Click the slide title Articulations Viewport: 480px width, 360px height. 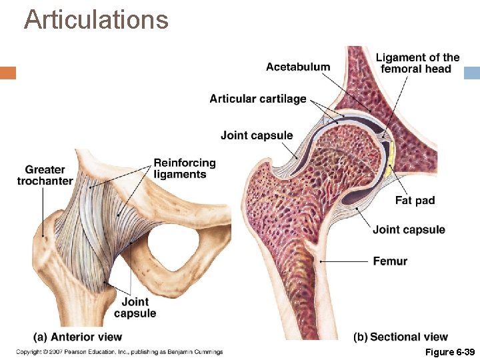tap(96, 19)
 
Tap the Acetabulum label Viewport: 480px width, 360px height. tap(297, 66)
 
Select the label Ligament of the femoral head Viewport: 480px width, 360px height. tap(417, 63)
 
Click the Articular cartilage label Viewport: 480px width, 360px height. tap(257, 99)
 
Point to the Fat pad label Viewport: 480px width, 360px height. tap(414, 200)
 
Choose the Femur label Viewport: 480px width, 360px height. tap(390, 261)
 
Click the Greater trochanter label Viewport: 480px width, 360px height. tap(45, 175)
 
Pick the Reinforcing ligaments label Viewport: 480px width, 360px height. tap(185, 169)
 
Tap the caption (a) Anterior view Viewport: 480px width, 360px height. tap(78, 337)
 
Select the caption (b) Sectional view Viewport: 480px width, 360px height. tap(401, 337)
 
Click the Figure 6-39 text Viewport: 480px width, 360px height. tap(451, 351)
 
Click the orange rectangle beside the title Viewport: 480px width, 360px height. tap(8, 73)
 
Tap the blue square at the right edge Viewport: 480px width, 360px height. tap(472, 73)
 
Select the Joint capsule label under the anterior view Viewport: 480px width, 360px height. tap(135, 307)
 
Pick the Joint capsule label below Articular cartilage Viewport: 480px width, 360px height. tap(257, 135)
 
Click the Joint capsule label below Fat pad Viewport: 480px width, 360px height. tap(409, 230)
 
